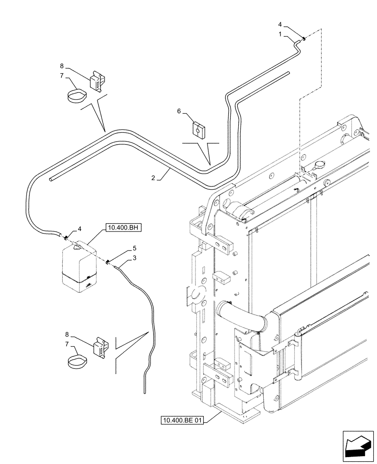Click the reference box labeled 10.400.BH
click(x=123, y=227)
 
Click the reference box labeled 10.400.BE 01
click(x=182, y=421)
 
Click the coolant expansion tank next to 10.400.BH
click(x=79, y=267)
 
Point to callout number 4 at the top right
click(x=279, y=24)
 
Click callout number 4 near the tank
click(x=80, y=228)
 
